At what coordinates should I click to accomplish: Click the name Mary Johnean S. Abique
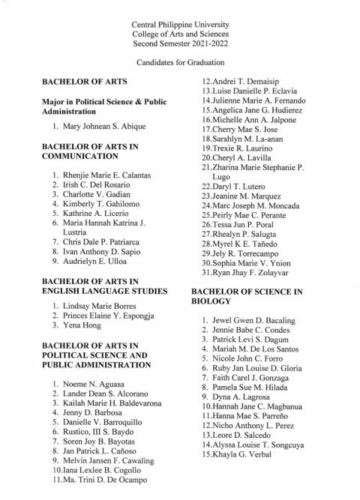[98, 125]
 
